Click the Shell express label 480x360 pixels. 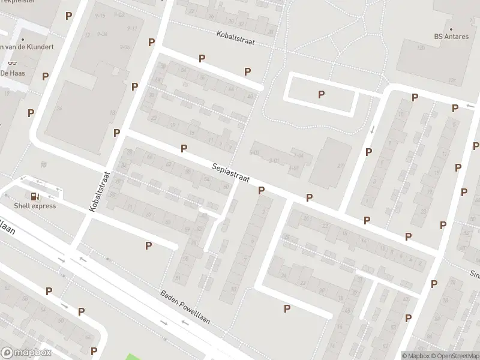click(35, 206)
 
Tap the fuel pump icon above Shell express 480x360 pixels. click(35, 196)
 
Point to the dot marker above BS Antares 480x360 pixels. click(451, 28)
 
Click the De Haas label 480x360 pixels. click(12, 73)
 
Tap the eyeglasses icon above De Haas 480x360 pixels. click(12, 63)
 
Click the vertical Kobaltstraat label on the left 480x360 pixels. click(100, 191)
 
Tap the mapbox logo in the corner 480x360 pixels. click(26, 353)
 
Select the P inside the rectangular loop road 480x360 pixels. click(322, 94)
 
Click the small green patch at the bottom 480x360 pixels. click(136, 356)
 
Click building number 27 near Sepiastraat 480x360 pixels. click(340, 166)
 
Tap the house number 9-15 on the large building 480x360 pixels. click(100, 16)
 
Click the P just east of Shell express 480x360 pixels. click(148, 245)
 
